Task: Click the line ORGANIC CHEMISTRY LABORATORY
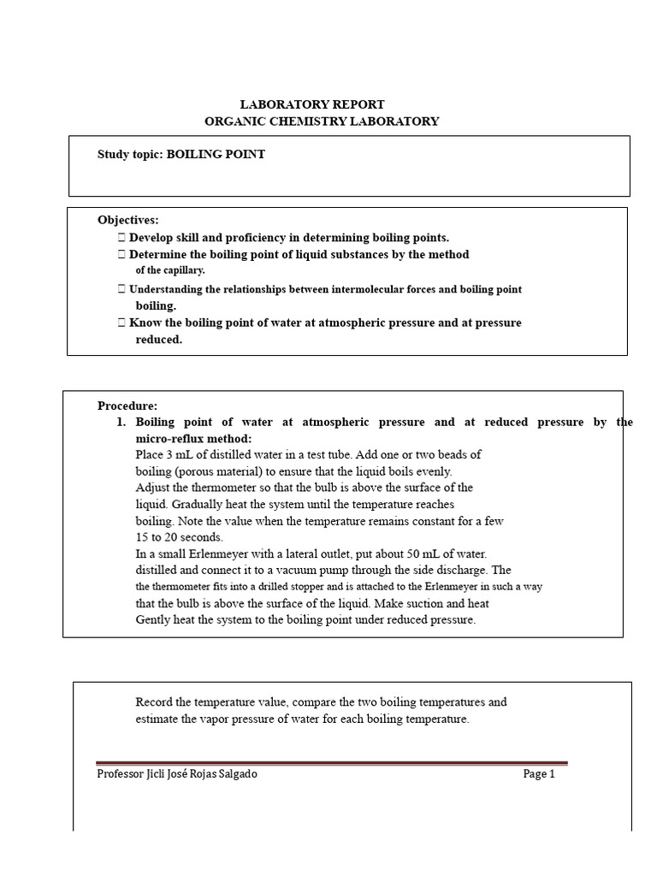pyautogui.click(x=322, y=121)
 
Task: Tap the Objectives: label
pyautogui.click(x=127, y=220)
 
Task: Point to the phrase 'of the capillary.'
pyautogui.click(x=170, y=270)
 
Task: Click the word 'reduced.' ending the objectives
pyautogui.click(x=159, y=340)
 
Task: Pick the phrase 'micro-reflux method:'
pyautogui.click(x=194, y=438)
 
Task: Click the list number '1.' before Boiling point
pyautogui.click(x=121, y=422)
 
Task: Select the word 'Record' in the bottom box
pyautogui.click(x=154, y=702)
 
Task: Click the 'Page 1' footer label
pyautogui.click(x=539, y=774)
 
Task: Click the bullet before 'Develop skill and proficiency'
pyautogui.click(x=121, y=238)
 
